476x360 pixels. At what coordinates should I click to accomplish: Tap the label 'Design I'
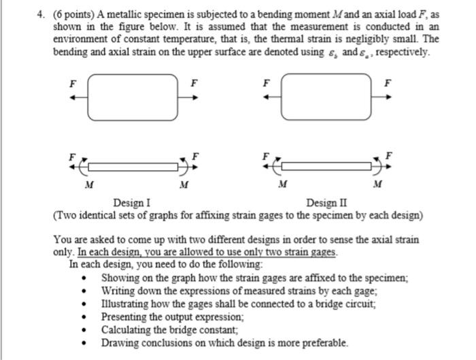[x=132, y=203]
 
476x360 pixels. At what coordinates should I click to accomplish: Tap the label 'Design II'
[x=326, y=203]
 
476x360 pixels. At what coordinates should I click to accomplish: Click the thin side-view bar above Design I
[x=133, y=166]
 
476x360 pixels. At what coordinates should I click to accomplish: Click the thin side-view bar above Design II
[x=327, y=166]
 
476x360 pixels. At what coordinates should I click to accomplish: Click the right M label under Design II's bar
[x=378, y=185]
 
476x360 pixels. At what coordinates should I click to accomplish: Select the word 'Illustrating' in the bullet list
[x=125, y=304]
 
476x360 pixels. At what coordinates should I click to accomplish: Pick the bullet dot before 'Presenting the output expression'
[x=84, y=317]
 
